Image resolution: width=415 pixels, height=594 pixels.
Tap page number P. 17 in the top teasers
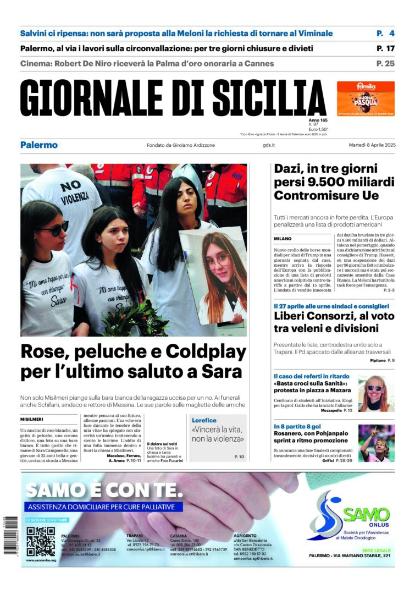(x=385, y=48)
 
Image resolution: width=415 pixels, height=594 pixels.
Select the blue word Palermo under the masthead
(x=39, y=145)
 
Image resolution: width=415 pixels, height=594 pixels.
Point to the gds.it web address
(x=269, y=145)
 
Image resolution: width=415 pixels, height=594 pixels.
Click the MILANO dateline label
(x=283, y=239)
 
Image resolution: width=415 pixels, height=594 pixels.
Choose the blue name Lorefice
(x=204, y=420)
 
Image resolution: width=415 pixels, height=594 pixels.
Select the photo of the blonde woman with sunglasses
(x=376, y=393)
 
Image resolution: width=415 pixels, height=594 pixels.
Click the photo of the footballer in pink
(x=376, y=442)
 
